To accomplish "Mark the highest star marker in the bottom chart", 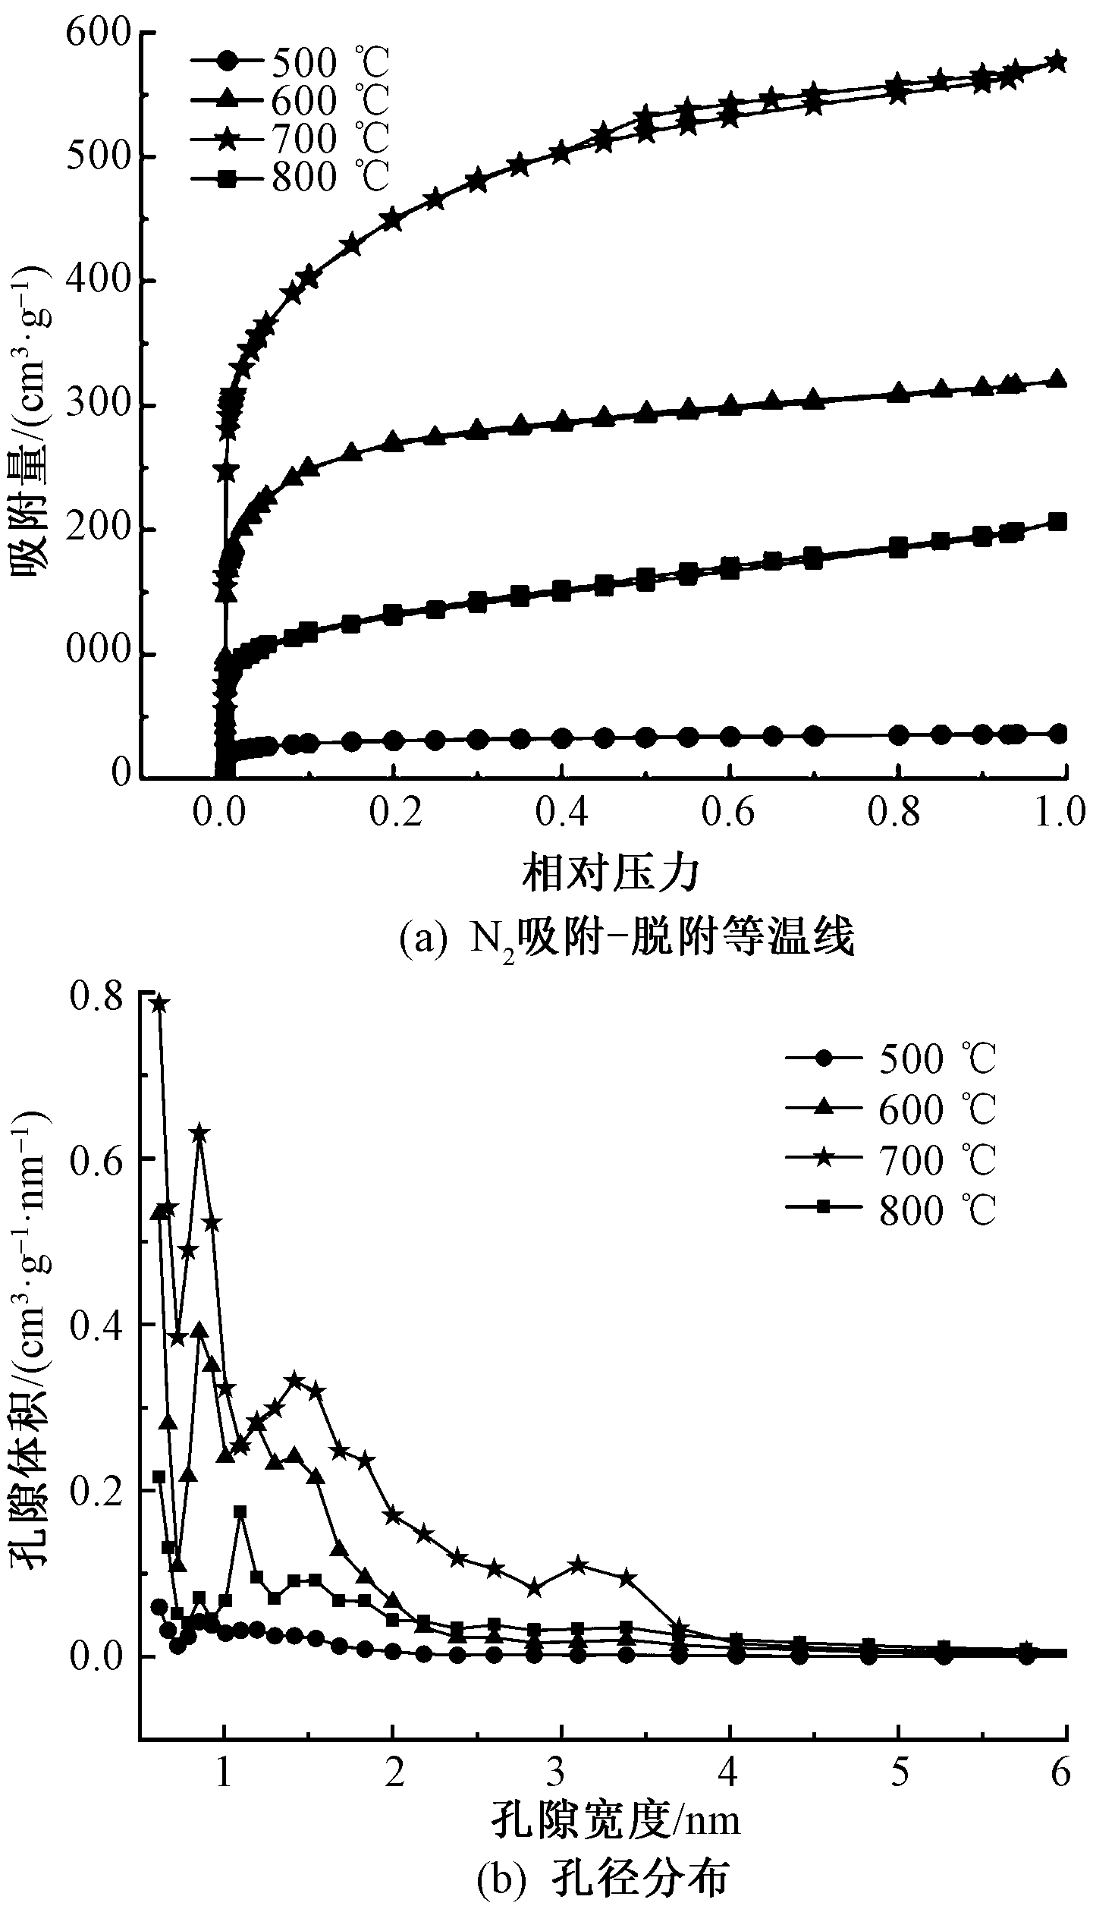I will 159,1003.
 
